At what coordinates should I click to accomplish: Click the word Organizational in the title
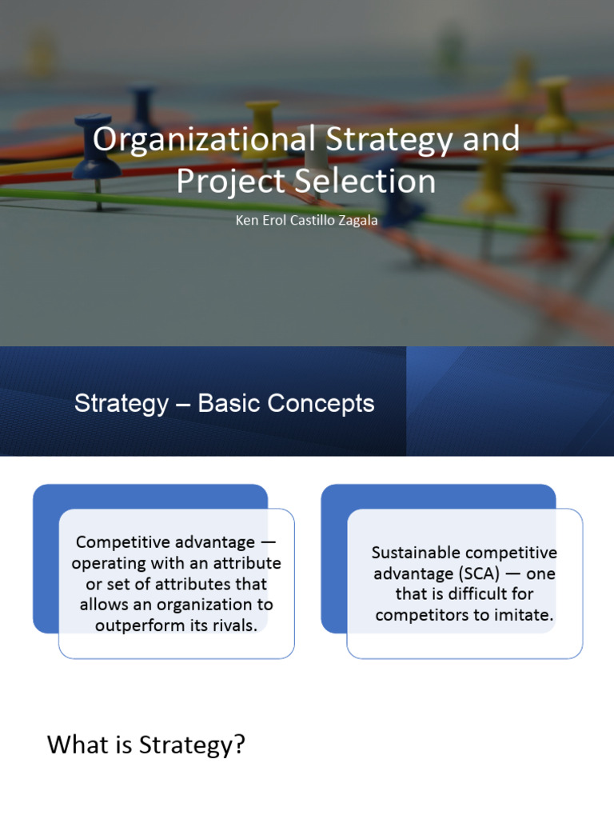pos(204,140)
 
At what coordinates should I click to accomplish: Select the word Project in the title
pos(230,182)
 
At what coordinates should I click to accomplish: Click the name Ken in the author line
pos(246,220)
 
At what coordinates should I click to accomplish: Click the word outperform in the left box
pos(144,625)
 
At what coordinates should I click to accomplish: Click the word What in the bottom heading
pos(77,745)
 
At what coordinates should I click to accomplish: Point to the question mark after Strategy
pos(240,745)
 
